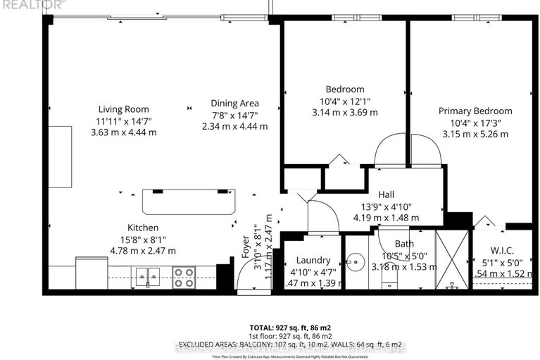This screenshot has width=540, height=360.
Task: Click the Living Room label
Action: pos(123,109)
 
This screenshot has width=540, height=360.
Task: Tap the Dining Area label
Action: pos(234,103)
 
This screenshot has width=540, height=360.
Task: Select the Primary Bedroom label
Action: pos(475,111)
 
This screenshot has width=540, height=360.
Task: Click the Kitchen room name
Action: pos(142,228)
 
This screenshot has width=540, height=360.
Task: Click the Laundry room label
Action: pos(313,259)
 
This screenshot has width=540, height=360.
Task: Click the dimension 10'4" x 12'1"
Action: pos(344,101)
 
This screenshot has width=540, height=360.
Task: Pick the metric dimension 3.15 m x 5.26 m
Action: pos(475,133)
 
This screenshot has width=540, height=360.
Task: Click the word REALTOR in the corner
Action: pos(21,4)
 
